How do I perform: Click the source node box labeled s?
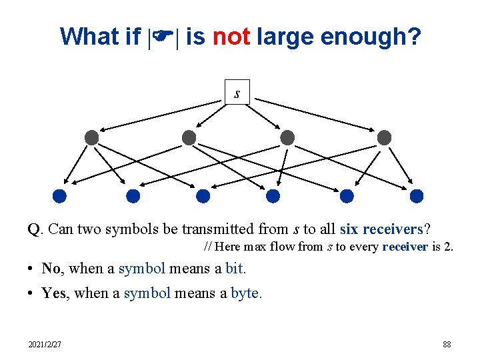[237, 92]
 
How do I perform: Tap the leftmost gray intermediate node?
[92, 138]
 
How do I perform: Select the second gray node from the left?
[189, 138]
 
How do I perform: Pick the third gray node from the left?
[287, 138]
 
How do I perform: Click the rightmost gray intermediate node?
[384, 138]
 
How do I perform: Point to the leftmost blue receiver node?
[59, 196]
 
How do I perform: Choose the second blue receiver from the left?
[133, 196]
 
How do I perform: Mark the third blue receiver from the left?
[203, 196]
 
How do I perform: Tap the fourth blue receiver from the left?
[273, 196]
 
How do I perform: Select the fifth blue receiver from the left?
[347, 196]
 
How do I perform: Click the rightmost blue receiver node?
[417, 196]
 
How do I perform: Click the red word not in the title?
[231, 37]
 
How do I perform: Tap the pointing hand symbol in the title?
[163, 37]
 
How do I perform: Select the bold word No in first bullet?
[51, 269]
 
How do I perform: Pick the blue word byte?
[246, 293]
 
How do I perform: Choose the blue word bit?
[235, 269]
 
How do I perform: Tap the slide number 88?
[447, 345]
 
